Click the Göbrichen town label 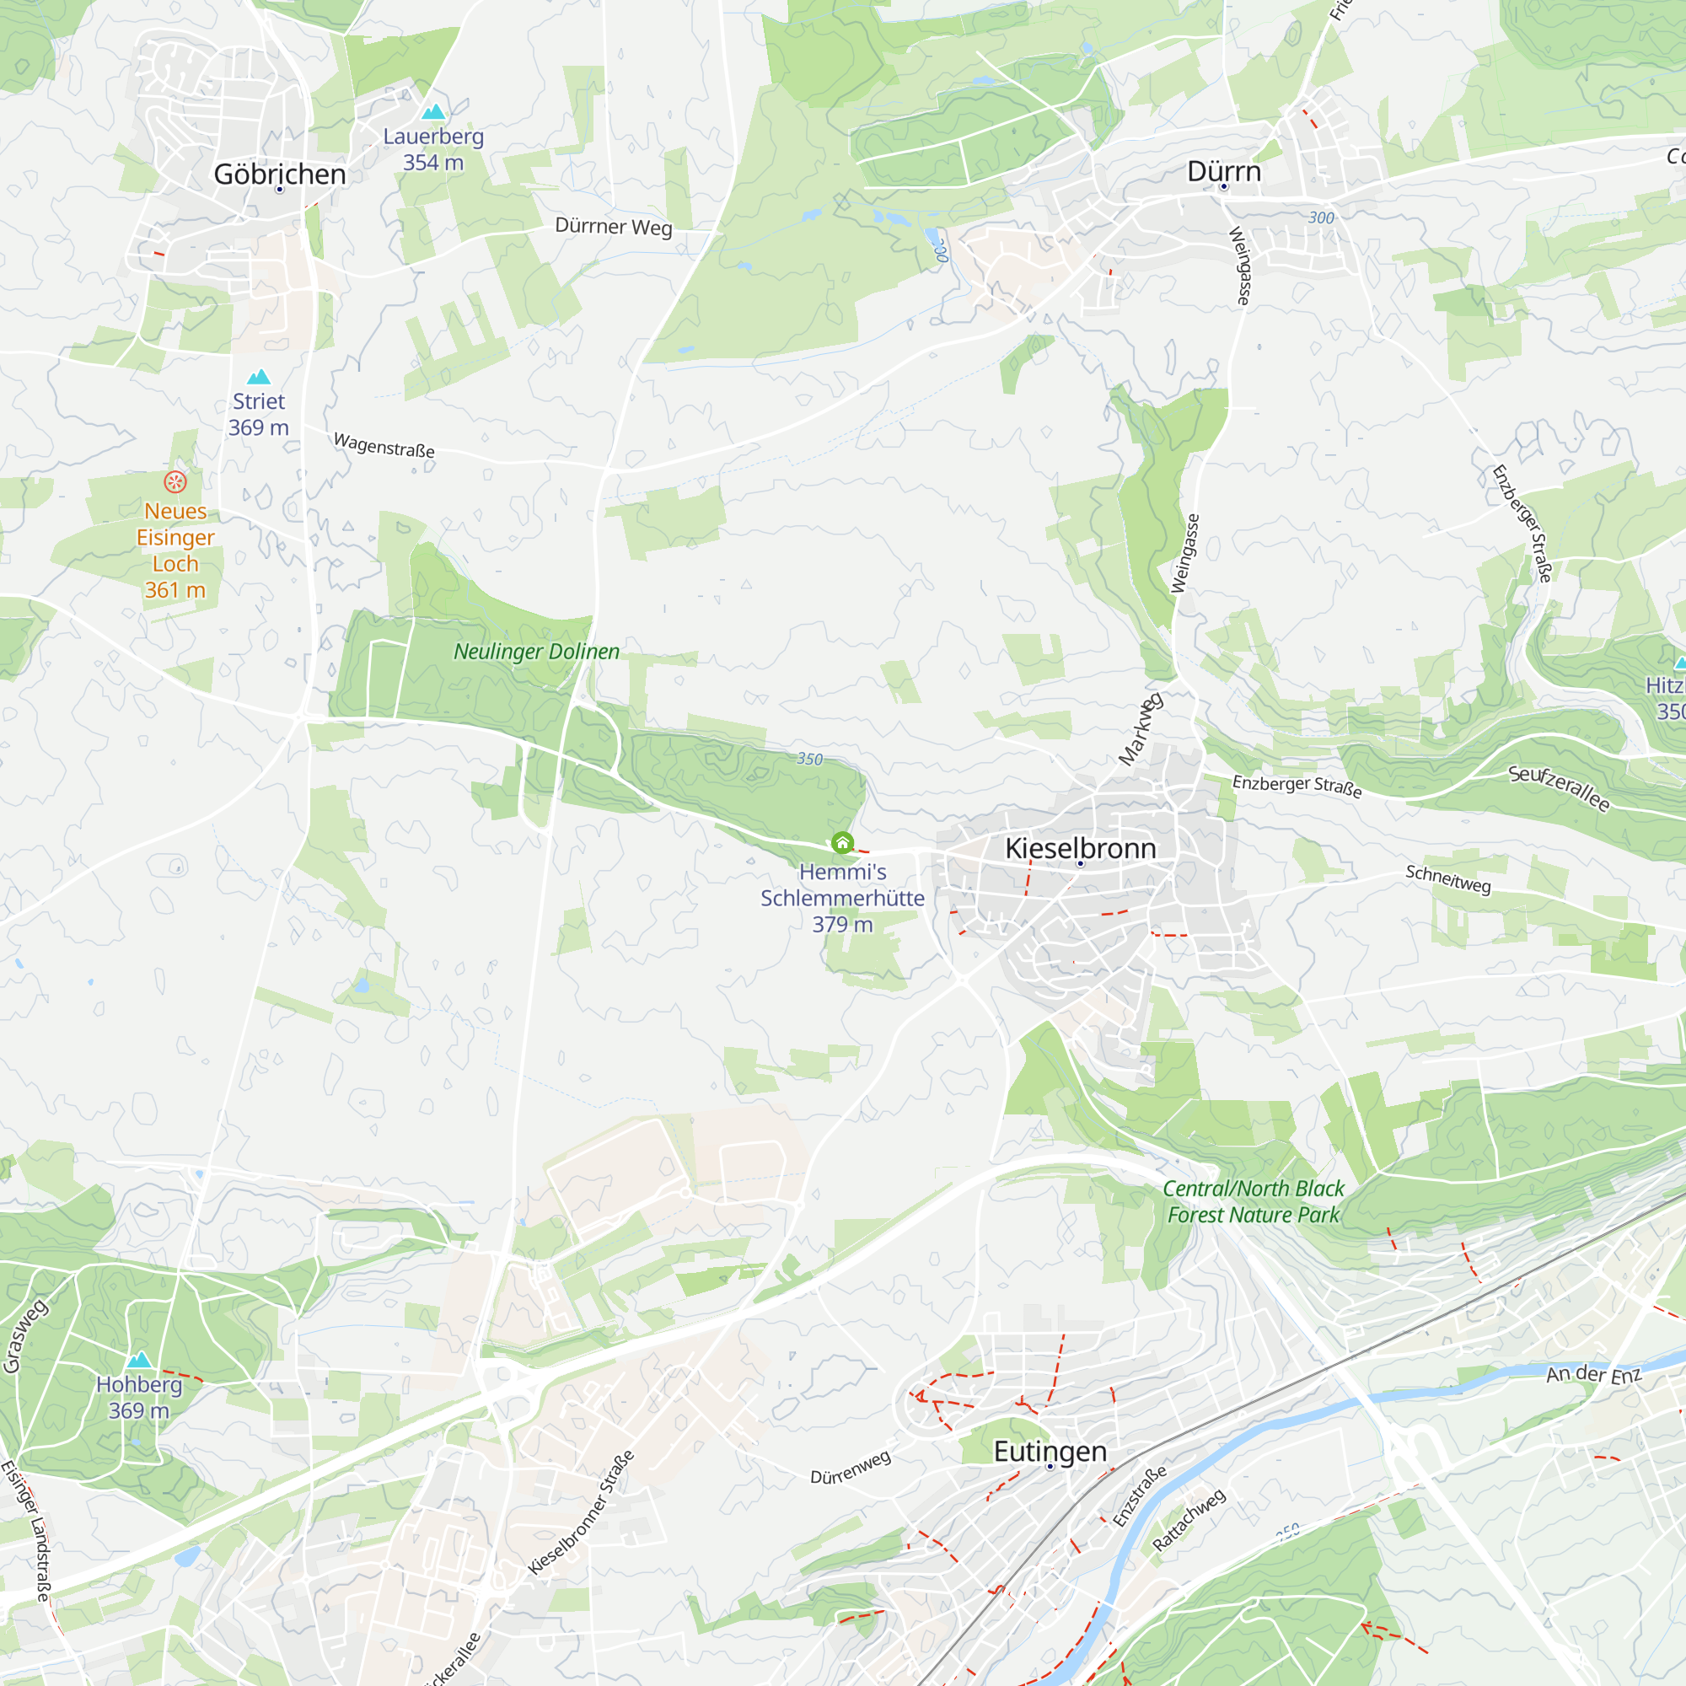coord(279,175)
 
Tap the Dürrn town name coord(1223,172)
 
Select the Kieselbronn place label coord(1081,848)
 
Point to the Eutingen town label coord(1050,1452)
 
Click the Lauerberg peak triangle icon coord(432,112)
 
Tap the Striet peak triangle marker coord(258,377)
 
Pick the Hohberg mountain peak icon coord(140,1360)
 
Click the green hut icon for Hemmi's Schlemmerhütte coord(842,842)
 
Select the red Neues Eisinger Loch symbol coord(175,481)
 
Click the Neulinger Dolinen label coord(537,652)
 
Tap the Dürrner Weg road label coord(614,227)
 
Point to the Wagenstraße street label coord(384,445)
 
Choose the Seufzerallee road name coord(1560,787)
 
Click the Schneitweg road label coord(1447,878)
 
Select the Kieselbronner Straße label coord(581,1512)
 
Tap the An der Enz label coord(1593,1374)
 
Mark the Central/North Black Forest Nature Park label coord(1254,1201)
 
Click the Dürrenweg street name coord(851,1466)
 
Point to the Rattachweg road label coord(1189,1519)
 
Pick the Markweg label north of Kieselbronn coord(1141,729)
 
